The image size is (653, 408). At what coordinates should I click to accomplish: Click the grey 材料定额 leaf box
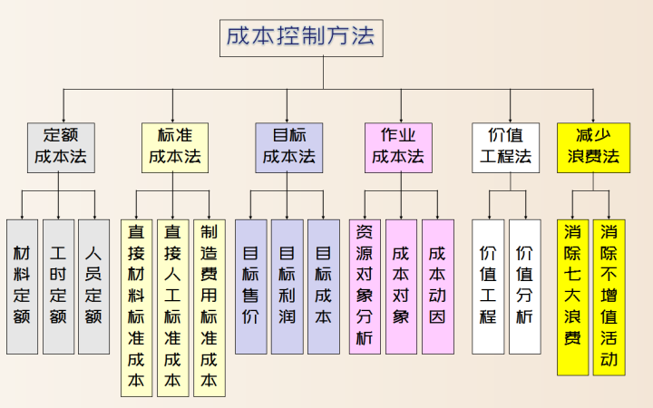point(22,287)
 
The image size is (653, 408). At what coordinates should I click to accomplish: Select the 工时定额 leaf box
point(58,287)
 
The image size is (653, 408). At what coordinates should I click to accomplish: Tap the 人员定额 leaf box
point(93,287)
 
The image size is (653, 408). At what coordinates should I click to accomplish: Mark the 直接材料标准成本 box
point(136,307)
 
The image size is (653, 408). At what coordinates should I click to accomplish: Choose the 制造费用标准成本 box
point(209,307)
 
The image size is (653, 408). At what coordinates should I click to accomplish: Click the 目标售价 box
point(251,287)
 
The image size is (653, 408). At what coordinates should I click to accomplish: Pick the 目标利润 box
point(287,287)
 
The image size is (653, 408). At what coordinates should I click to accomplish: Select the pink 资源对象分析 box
point(365,287)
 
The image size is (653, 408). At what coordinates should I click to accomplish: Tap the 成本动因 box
point(437,287)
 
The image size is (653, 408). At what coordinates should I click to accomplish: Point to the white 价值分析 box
point(524,287)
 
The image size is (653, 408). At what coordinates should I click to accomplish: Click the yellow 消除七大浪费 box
point(572,296)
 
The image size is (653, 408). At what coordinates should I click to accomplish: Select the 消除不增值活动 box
point(609,296)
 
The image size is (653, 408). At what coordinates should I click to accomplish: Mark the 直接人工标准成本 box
point(172,307)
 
